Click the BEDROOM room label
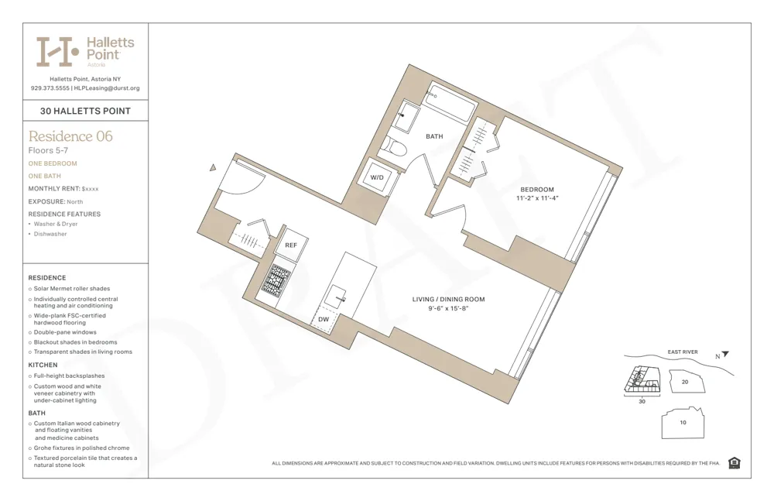[536, 190]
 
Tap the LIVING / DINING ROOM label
[448, 300]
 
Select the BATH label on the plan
[434, 136]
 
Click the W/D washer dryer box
[377, 177]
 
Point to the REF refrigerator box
[291, 245]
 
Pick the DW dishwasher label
[324, 318]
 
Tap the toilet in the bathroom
[397, 146]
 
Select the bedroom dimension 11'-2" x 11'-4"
[536, 199]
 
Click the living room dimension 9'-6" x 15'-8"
[448, 309]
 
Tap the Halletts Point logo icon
[57, 51]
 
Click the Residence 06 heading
[70, 136]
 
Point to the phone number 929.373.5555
[50, 88]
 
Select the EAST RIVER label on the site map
[682, 352]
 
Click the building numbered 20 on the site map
[684, 382]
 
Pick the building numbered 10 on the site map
[682, 423]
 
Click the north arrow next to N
[725, 355]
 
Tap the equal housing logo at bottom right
[734, 463]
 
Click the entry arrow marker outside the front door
[213, 167]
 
